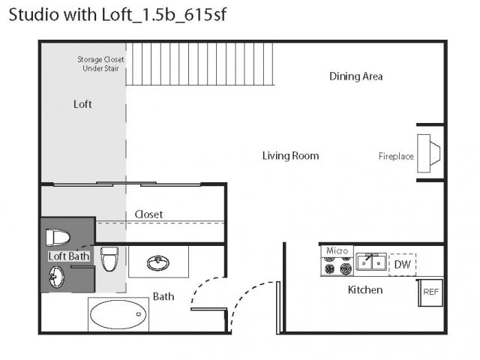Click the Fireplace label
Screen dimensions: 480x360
(396, 157)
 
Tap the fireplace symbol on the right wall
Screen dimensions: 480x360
(428, 153)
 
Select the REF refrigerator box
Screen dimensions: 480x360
(430, 292)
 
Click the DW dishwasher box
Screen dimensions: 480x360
(402, 265)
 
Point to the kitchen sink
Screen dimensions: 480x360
(371, 262)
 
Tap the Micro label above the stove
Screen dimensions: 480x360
(337, 251)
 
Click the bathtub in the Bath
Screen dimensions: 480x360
(118, 314)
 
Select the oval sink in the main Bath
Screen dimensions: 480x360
(158, 263)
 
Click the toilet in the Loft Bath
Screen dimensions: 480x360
(58, 238)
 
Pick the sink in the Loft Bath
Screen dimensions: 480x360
(56, 277)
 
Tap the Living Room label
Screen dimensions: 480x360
(290, 156)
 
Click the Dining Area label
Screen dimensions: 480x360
(355, 76)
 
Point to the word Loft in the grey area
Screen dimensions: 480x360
(82, 104)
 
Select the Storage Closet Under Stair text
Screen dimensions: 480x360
(100, 64)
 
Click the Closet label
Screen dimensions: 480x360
(148, 214)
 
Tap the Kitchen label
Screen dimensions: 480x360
(365, 290)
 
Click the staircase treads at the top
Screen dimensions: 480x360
(200, 64)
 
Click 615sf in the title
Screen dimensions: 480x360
(205, 15)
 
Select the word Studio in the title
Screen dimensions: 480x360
(34, 15)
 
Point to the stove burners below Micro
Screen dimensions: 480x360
(337, 265)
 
